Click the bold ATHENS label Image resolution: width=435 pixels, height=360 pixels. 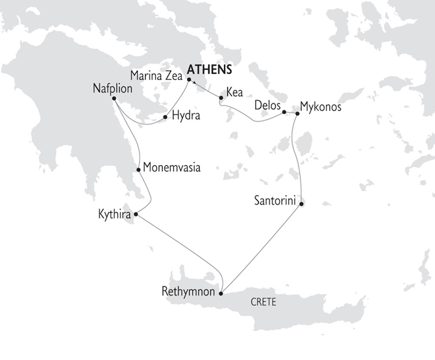(x=209, y=70)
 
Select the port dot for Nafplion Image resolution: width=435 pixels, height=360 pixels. (x=114, y=98)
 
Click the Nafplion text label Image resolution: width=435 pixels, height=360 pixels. (x=115, y=88)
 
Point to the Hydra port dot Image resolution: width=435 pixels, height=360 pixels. (x=166, y=118)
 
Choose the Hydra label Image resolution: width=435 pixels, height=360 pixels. (x=186, y=117)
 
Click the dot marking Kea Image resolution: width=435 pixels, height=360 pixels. (x=221, y=98)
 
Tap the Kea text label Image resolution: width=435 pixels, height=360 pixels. (x=235, y=92)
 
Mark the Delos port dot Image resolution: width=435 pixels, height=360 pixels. (x=284, y=113)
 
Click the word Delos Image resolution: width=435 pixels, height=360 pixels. (x=267, y=104)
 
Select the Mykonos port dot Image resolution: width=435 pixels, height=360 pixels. (x=297, y=114)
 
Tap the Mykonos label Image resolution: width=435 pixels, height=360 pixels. (x=321, y=105)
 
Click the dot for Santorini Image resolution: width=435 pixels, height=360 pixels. (x=302, y=204)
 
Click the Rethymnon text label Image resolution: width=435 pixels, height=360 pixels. (x=188, y=292)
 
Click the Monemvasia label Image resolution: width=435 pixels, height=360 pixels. (x=171, y=168)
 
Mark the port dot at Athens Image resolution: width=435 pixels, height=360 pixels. (x=189, y=80)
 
